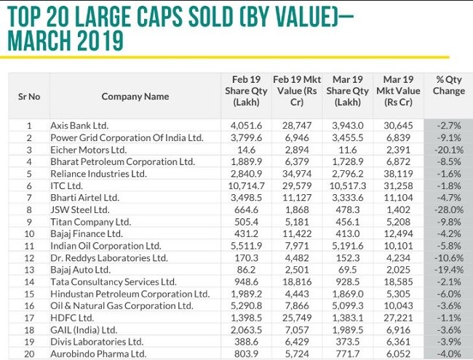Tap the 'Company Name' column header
pos(135,96)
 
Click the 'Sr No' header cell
pos(28,96)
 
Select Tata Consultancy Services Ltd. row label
pos(113,281)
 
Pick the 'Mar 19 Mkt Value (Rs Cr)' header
pos(398,91)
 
